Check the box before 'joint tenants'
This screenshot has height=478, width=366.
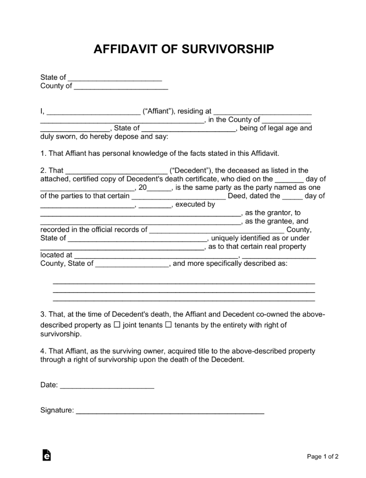click(117, 325)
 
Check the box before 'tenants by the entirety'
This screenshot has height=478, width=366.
click(168, 325)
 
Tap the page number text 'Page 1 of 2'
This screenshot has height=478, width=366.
click(323, 456)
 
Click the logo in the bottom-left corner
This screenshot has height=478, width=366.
click(46, 454)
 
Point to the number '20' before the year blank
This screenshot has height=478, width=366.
click(143, 187)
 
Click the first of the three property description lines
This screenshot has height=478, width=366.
click(183, 283)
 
